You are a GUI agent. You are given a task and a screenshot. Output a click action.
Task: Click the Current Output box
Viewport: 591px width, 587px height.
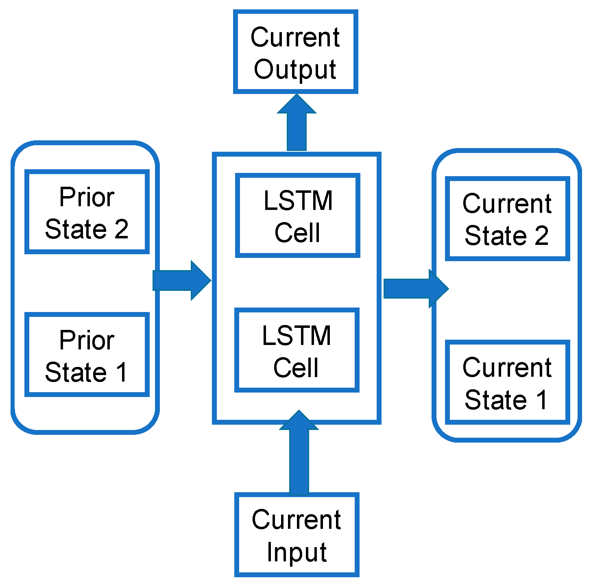295,52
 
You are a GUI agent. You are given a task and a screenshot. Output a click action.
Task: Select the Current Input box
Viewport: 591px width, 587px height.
297,535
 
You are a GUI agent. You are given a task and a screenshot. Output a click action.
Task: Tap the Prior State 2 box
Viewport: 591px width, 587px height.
87,212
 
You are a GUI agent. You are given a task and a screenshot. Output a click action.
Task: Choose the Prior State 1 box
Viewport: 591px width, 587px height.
87,355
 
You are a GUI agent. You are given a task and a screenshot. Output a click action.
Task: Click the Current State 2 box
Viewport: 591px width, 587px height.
507,219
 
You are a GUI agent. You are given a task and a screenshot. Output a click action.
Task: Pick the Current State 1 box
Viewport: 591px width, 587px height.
507,382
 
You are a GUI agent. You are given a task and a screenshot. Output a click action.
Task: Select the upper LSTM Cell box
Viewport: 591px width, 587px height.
297,216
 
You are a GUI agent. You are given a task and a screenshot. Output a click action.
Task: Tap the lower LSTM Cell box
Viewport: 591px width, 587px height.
297,350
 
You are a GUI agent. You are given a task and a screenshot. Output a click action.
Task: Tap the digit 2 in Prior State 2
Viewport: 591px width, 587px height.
121,229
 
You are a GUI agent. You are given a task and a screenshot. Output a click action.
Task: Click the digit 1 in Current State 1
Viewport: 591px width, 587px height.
541,399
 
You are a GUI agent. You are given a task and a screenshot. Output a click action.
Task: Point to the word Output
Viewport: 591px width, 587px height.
295,70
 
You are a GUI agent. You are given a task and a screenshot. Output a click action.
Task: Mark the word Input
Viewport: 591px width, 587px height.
297,552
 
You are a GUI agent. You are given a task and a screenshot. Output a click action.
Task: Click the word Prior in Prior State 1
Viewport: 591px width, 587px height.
87,340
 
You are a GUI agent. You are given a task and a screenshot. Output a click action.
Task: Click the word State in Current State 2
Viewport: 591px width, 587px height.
495,236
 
